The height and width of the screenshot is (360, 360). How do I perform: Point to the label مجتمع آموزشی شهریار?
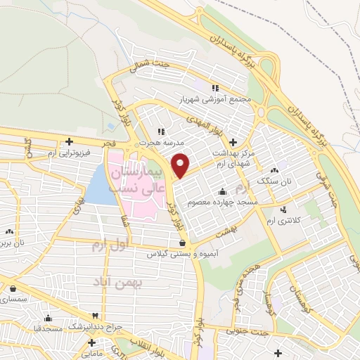pyautogui.click(x=214, y=100)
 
